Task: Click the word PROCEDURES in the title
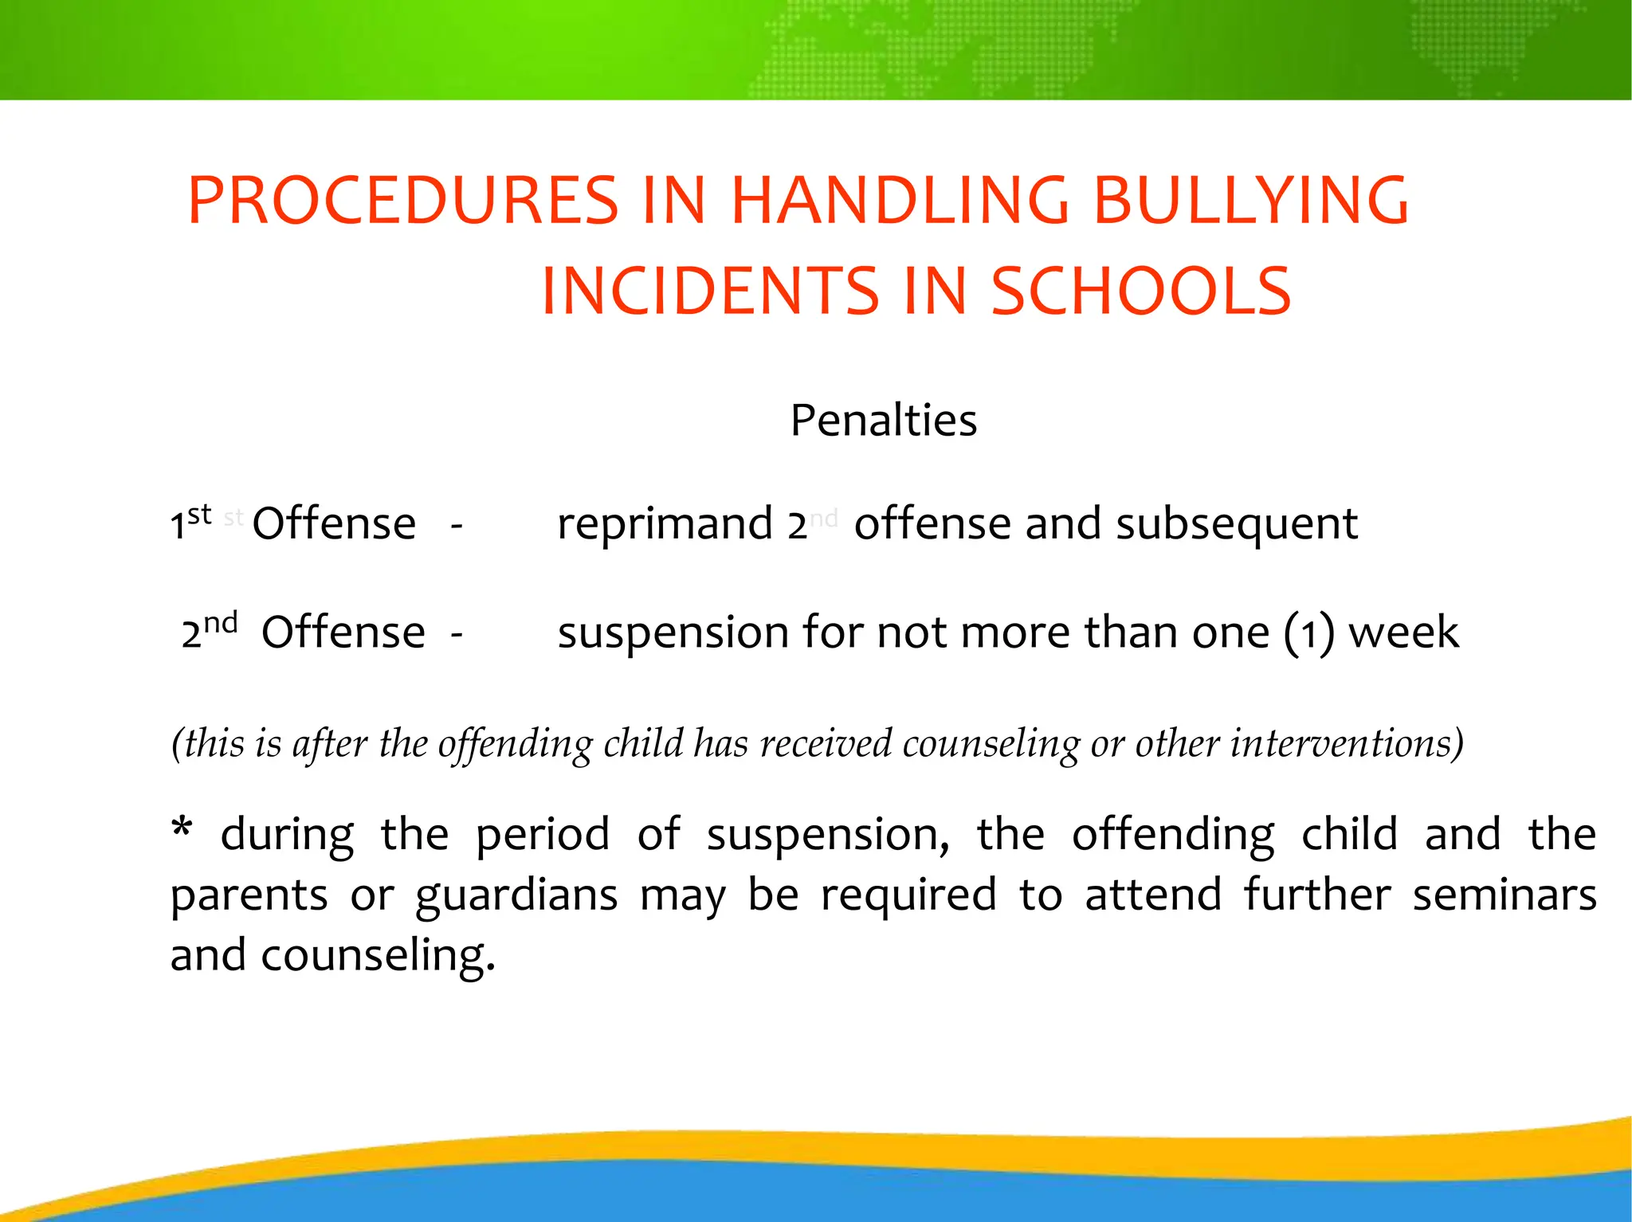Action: click(x=403, y=200)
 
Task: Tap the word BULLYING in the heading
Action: click(x=1251, y=200)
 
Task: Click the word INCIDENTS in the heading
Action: click(x=710, y=292)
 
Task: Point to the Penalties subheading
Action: click(x=883, y=421)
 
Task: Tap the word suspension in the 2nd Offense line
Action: click(x=673, y=633)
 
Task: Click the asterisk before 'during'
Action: click(x=182, y=828)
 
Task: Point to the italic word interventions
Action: click(x=1347, y=744)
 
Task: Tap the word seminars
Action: click(x=1504, y=895)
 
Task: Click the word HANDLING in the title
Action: click(x=900, y=200)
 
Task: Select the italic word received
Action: click(x=826, y=744)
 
